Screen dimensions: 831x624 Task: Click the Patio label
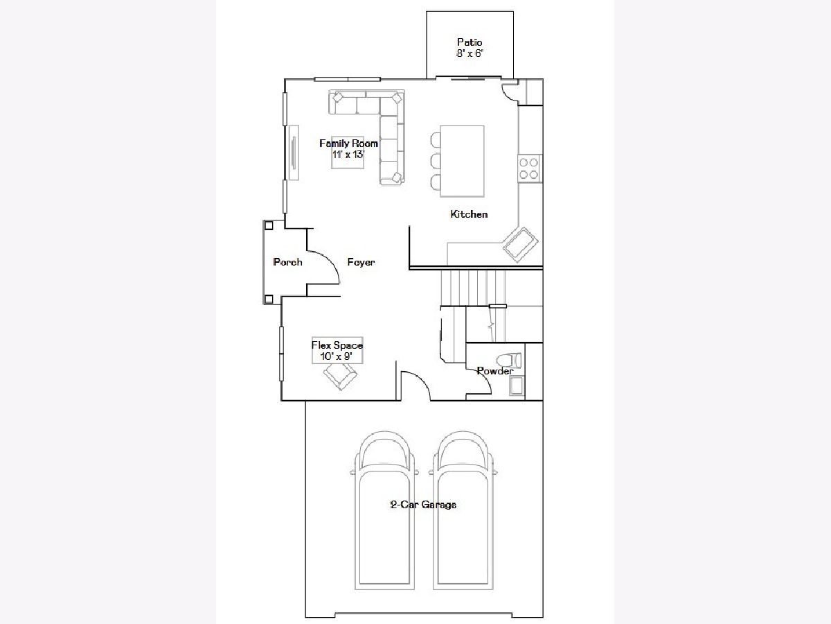[x=470, y=42]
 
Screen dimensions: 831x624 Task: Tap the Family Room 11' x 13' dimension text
[x=348, y=155]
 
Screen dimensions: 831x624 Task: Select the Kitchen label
[x=469, y=214]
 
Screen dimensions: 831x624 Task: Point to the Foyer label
[x=361, y=262]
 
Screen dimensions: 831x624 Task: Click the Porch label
[x=287, y=262]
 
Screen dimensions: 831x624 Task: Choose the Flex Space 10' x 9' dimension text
[x=337, y=356]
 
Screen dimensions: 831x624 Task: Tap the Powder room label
[x=495, y=371]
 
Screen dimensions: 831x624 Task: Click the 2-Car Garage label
[x=423, y=504]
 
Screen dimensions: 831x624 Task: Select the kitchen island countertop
[x=462, y=162]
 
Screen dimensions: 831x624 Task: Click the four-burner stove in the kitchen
[x=529, y=168]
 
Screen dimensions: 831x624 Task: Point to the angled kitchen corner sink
[x=521, y=244]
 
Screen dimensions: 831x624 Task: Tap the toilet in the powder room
[x=509, y=361]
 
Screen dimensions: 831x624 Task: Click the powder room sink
[x=517, y=386]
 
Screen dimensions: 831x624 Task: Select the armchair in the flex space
[x=340, y=375]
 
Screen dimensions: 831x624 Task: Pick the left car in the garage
[x=384, y=515]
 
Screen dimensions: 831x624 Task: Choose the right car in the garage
[x=463, y=515]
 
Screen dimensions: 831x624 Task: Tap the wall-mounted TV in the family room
[x=294, y=153]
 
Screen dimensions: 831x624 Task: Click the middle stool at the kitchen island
[x=436, y=162]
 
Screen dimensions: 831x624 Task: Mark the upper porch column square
[x=269, y=226]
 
